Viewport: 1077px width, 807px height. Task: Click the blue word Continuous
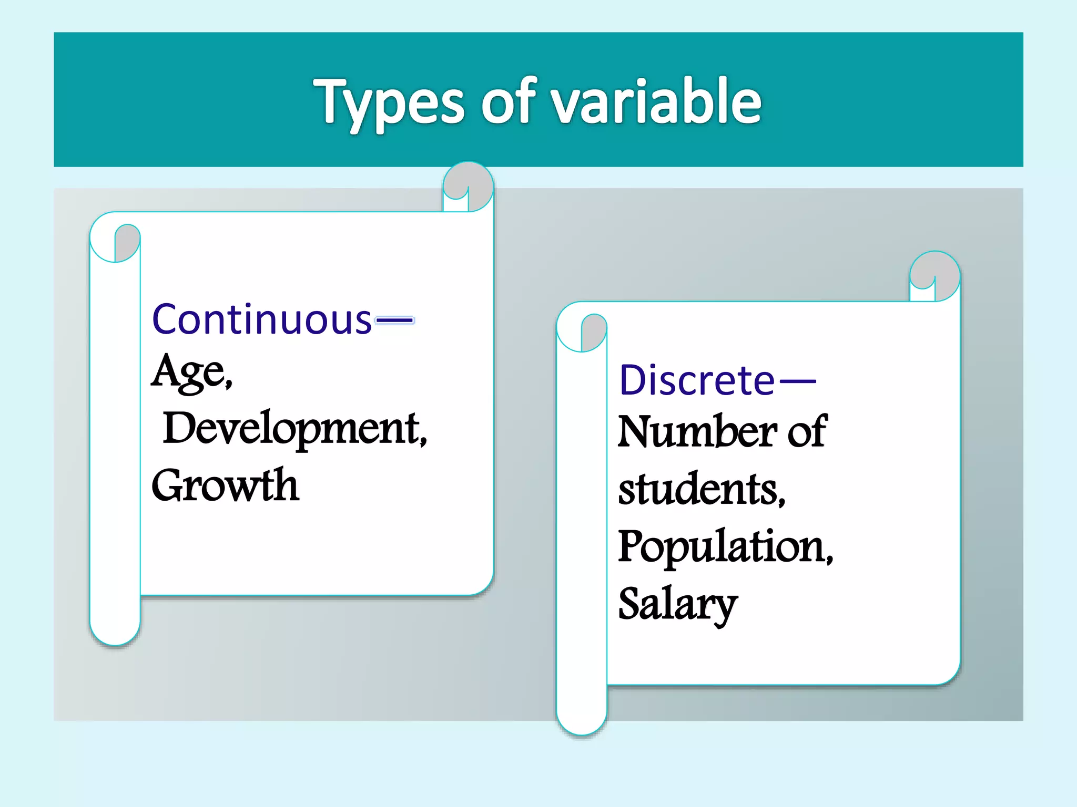coord(262,319)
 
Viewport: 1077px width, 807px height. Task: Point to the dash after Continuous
coord(394,319)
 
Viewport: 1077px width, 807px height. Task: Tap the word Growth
coord(225,485)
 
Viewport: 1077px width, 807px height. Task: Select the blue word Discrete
coord(697,380)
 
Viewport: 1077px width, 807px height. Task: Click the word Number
coord(697,432)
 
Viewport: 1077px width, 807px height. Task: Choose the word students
coord(702,490)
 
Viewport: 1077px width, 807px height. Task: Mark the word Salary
coord(677,604)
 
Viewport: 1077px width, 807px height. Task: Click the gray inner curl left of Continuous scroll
coord(127,243)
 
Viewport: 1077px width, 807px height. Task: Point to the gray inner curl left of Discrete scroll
coord(594,332)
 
